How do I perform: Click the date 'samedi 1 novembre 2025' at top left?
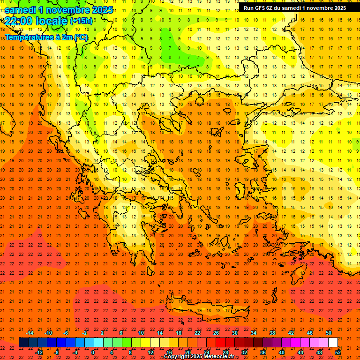59,10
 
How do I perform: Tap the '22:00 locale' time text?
37,21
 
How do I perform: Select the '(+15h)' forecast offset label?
81,21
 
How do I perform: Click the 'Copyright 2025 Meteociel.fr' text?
199,356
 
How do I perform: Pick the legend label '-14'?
30,333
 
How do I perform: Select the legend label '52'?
338,352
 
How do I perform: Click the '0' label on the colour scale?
93,352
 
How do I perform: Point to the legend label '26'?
216,333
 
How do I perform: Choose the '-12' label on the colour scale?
39,352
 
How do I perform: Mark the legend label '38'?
272,333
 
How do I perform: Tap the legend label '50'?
328,333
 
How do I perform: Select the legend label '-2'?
85,333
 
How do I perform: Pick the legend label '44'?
300,352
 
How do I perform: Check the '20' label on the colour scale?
187,352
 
